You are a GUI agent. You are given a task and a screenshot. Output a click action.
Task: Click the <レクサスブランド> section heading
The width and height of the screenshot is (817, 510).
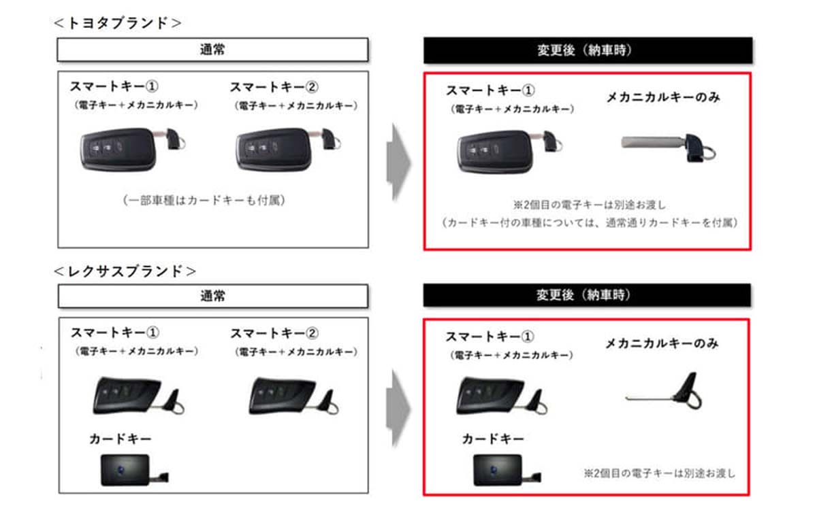[125, 271]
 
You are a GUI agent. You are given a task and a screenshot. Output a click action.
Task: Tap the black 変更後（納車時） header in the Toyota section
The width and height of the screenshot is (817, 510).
[588, 50]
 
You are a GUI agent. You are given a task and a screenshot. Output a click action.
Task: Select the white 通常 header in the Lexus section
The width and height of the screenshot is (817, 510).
[212, 296]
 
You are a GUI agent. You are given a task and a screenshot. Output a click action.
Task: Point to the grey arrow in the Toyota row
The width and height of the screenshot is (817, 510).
[398, 162]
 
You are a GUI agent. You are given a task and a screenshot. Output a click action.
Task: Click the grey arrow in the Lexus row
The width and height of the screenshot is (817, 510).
[398, 410]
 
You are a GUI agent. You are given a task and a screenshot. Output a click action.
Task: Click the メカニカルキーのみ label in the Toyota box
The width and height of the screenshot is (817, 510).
[663, 98]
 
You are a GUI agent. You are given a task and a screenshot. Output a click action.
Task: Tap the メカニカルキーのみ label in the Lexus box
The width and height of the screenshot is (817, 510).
[662, 344]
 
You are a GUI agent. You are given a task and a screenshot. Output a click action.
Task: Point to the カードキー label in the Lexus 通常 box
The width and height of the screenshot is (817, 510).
[120, 439]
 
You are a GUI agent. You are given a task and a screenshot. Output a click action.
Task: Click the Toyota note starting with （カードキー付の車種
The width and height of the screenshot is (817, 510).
[588, 222]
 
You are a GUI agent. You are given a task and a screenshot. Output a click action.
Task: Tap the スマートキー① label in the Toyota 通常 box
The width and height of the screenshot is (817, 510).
[113, 88]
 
